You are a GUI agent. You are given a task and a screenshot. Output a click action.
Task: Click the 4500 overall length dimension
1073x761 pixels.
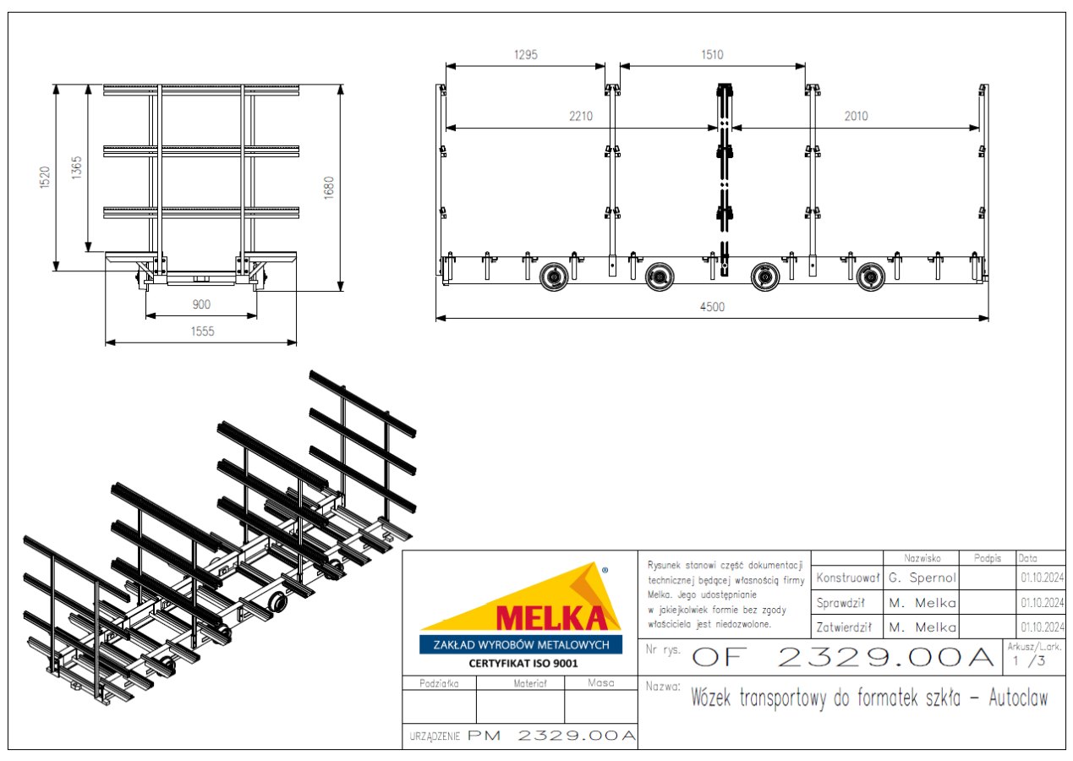tap(712, 306)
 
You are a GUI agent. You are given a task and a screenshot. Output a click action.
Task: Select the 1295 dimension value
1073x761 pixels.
tap(525, 55)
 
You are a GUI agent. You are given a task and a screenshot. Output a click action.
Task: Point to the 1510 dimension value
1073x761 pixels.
tap(712, 55)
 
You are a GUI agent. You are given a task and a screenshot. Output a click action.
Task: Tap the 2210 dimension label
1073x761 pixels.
tap(581, 116)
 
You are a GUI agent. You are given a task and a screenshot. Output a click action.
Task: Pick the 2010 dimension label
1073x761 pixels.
tap(856, 116)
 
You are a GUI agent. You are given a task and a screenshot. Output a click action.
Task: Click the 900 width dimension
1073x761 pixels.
tap(201, 304)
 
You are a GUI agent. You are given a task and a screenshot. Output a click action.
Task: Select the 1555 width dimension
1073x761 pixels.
tap(202, 331)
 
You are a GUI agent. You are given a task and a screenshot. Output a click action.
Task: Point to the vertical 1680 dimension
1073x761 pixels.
tap(329, 188)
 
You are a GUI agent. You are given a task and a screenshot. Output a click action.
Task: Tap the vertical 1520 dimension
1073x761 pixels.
tap(45, 178)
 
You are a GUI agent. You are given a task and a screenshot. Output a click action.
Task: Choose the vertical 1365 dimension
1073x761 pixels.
tap(77, 167)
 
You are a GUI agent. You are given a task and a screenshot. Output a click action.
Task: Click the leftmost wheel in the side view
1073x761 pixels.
tap(554, 276)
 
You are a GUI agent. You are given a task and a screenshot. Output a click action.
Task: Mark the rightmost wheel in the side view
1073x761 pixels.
tap(870, 276)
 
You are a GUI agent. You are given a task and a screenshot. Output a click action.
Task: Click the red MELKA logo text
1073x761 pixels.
tap(552, 618)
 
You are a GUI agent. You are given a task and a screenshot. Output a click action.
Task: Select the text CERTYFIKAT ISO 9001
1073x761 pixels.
tap(523, 663)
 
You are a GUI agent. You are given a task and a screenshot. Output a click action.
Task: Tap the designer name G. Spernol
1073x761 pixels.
tap(922, 578)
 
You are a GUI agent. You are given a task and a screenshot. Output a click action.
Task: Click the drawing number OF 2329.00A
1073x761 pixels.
tap(843, 657)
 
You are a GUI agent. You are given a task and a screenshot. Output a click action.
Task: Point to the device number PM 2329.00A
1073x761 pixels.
tap(551, 736)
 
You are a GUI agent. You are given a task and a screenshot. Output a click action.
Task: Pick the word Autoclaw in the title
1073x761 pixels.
tap(1018, 698)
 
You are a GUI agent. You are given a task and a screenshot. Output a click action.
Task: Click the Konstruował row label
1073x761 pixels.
tap(847, 578)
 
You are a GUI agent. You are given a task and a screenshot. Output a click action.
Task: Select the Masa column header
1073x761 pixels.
tap(600, 683)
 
